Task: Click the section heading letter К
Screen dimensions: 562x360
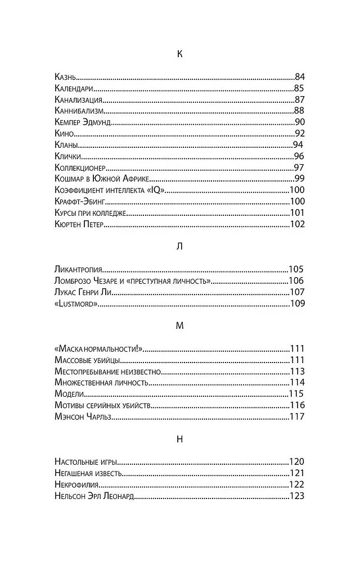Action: click(179, 54)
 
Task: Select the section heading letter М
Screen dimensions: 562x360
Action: click(179, 325)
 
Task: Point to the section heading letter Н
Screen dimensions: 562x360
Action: click(179, 439)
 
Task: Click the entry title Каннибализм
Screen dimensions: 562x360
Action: click(80, 110)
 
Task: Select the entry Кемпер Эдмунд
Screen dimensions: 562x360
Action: click(83, 122)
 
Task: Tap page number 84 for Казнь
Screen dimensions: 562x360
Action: click(299, 76)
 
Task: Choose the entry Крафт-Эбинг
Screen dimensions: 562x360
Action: click(80, 202)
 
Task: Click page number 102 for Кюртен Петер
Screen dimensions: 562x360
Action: click(297, 225)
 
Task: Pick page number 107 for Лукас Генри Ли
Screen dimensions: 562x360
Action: click(296, 292)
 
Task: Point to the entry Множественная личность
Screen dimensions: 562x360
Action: click(102, 383)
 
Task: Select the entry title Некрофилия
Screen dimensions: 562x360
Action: click(78, 485)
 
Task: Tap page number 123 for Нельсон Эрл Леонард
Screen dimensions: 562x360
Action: click(296, 496)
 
